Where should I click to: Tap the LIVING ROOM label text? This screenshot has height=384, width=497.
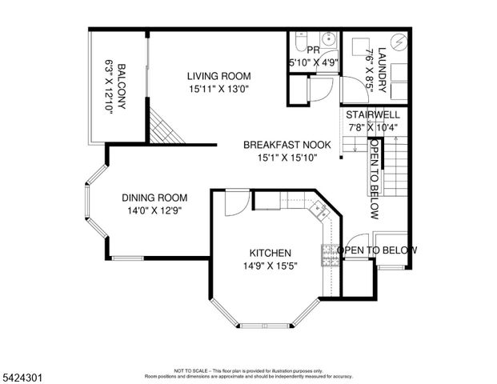click(x=214, y=77)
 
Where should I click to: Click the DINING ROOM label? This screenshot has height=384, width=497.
click(x=154, y=198)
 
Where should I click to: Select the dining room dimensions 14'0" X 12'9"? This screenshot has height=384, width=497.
click(x=154, y=210)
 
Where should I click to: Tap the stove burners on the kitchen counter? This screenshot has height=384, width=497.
click(x=328, y=254)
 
